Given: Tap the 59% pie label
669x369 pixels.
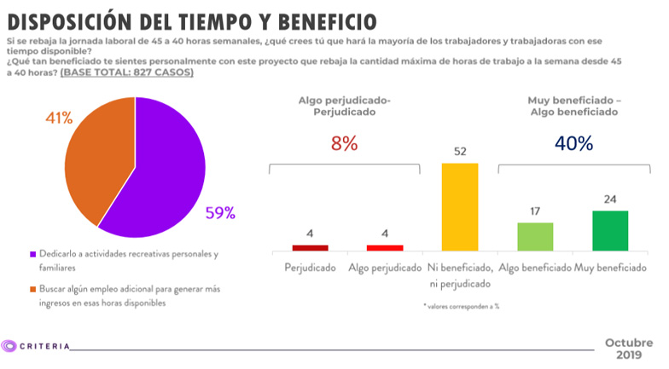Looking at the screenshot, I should coord(219,213).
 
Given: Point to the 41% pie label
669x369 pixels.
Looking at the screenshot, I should coord(59,117).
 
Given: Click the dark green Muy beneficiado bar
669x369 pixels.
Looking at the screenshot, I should coord(610,230).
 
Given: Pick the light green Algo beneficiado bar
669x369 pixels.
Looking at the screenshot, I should coord(535,236).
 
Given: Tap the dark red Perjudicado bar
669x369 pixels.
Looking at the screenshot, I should coord(310,247).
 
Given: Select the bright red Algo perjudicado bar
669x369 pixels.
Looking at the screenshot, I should coord(385,247).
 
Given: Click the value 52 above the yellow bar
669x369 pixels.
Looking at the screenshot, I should coord(460,151).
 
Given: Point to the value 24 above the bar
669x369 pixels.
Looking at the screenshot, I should coord(610,199).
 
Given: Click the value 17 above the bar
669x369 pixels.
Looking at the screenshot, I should coord(535,211).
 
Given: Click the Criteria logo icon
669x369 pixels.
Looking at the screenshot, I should coord(9,346).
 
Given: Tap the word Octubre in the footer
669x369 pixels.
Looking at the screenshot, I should coord(629,342).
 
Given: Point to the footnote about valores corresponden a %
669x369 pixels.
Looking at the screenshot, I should coord(461,305).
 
